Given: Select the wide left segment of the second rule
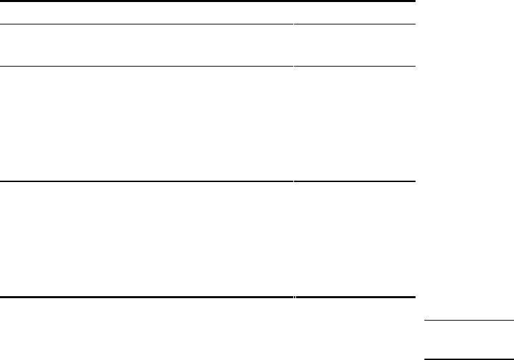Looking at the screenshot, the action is (147, 24).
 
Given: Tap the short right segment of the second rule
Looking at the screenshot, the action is (354, 24).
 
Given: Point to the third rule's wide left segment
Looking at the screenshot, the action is (147, 66).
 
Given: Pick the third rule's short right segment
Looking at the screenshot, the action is (354, 66).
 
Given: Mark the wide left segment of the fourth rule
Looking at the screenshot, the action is (147, 181).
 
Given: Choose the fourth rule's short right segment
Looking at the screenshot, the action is (354, 181).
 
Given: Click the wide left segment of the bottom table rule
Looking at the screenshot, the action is (147, 298).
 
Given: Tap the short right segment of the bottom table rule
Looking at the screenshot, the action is (354, 298).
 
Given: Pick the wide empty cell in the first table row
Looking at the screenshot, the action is (147, 13).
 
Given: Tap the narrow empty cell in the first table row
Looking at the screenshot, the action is (354, 13).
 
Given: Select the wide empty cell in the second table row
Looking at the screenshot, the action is (147, 46).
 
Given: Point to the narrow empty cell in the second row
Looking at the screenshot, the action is (354, 46).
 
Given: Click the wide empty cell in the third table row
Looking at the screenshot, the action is (147, 124).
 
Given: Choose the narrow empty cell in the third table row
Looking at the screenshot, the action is (354, 124).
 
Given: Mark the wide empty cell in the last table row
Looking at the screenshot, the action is (147, 239).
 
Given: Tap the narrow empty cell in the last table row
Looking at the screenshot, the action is (354, 239).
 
